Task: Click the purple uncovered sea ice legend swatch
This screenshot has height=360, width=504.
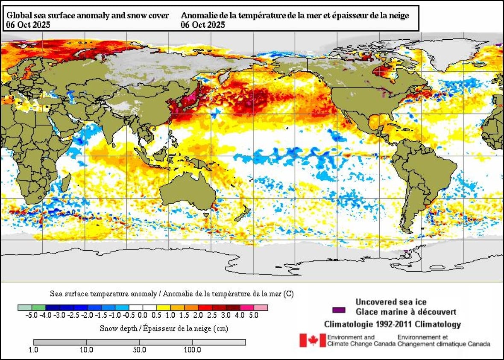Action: coord(339,310)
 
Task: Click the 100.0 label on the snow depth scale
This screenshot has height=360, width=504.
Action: coord(192,350)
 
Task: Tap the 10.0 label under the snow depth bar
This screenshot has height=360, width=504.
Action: coord(87,350)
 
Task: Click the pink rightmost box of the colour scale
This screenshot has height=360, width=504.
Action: coord(261,307)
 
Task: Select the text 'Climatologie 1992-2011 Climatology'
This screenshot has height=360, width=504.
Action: coord(393,325)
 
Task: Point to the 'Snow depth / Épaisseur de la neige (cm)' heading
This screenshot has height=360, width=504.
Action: coord(164,328)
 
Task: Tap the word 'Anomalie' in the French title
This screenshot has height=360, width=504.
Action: coord(196,16)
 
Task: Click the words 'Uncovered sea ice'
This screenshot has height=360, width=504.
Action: coord(391,302)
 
